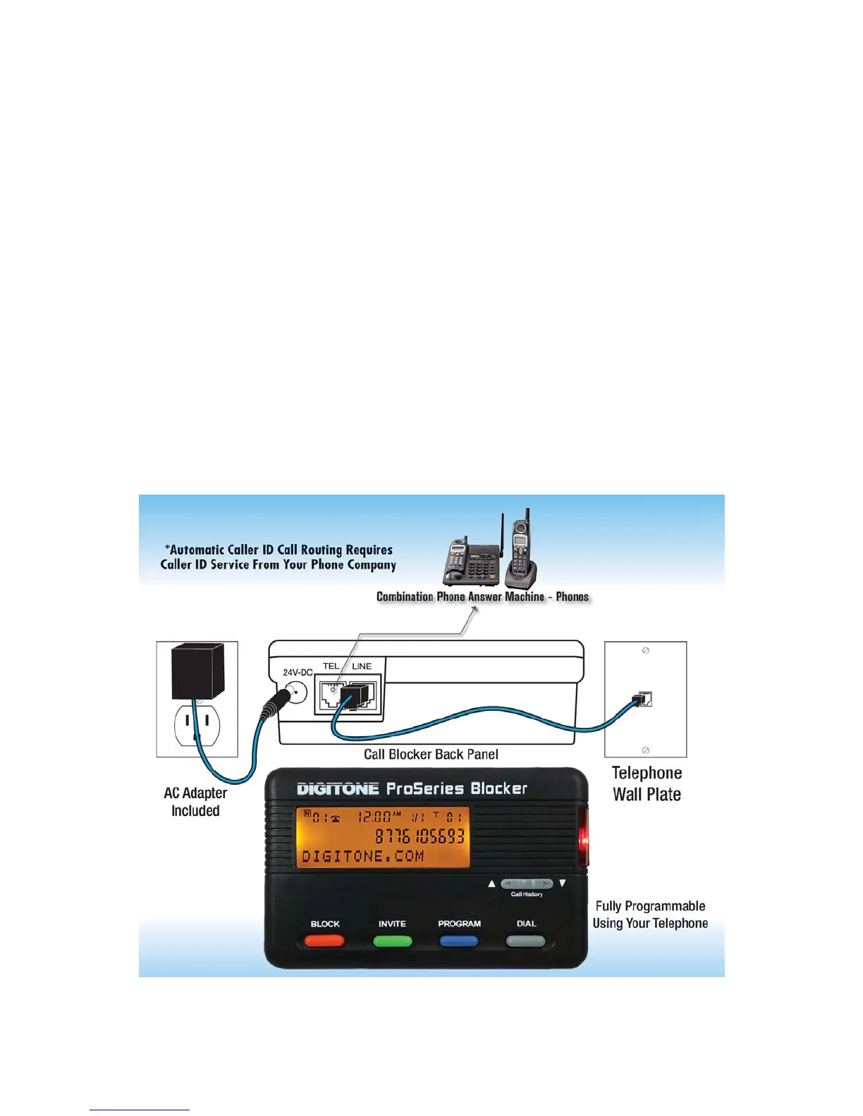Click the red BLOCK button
[324, 941]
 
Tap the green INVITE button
[392, 941]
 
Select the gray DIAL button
[526, 941]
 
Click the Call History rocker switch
[527, 883]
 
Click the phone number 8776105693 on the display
[420, 836]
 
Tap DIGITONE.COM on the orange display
[362, 857]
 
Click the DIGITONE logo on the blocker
[338, 789]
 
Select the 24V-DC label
[298, 673]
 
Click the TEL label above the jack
[331, 666]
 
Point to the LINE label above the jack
[362, 666]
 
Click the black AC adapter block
[198, 671]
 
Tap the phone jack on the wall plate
[644, 700]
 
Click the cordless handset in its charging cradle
[521, 553]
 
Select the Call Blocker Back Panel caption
[431, 755]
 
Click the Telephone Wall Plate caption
[647, 783]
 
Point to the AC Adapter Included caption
[195, 802]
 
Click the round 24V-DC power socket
[297, 694]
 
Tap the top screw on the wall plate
[645, 651]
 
